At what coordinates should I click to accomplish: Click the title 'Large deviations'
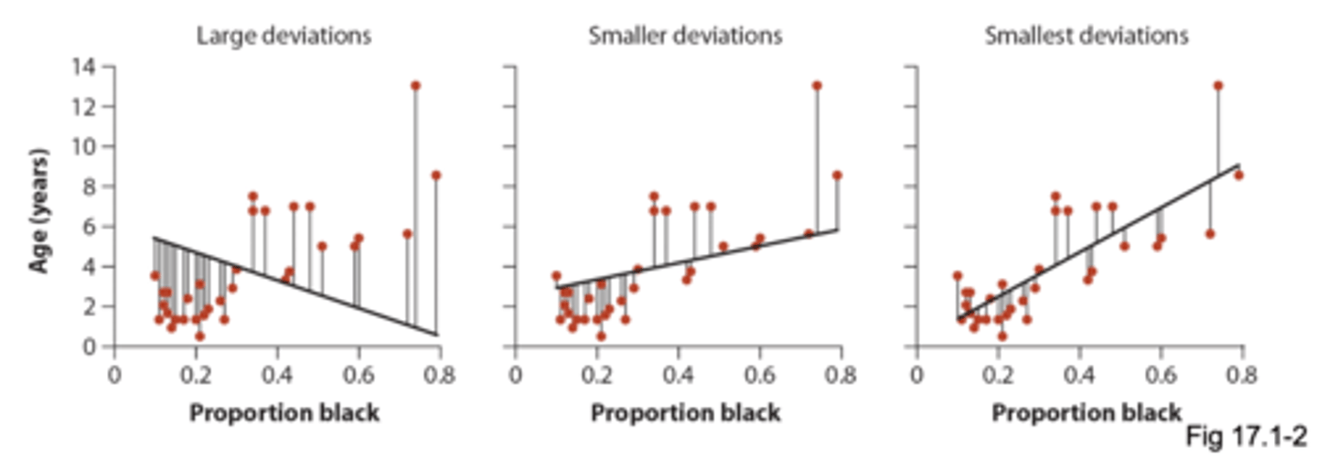284,37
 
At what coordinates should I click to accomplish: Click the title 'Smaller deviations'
685,37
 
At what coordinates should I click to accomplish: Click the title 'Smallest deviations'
1087,37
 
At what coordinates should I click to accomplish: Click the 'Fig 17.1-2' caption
1246,436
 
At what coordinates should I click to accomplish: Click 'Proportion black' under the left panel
284,413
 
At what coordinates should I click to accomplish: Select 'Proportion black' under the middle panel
686,413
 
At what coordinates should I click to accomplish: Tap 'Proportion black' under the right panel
1087,413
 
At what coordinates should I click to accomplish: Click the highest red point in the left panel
415,86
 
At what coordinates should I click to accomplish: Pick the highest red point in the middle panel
817,86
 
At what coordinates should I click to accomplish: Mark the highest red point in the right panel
1218,86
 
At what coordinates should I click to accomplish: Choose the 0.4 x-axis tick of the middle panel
678,373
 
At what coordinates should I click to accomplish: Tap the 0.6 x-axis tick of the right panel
1162,373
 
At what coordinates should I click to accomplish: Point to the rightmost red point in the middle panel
837,175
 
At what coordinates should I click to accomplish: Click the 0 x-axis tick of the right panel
917,373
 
